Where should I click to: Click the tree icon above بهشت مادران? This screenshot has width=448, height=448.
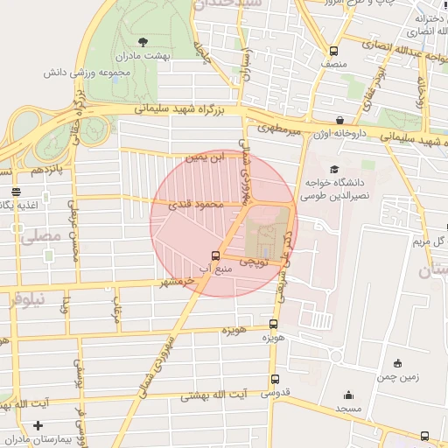[x=143, y=41]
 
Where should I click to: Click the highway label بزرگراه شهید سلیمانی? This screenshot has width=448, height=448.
[x=185, y=110]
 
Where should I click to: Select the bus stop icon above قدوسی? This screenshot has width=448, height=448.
[x=275, y=380]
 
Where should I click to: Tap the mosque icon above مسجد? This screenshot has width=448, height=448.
[x=349, y=395]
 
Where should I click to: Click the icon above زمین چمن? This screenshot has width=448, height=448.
[x=397, y=363]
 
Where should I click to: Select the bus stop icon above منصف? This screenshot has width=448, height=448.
[x=332, y=50]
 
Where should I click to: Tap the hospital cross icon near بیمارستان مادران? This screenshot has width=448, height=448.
[x=37, y=426]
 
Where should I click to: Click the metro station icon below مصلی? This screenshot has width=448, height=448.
[x=45, y=255]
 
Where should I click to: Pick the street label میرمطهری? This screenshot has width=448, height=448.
[x=279, y=129]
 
